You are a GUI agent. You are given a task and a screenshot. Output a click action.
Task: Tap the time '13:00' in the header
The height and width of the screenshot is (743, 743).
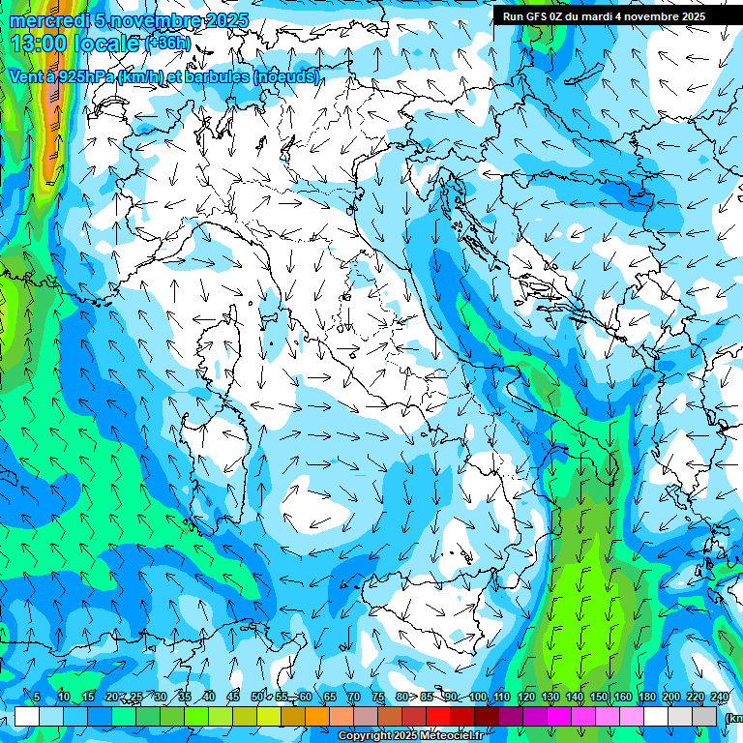click(39, 44)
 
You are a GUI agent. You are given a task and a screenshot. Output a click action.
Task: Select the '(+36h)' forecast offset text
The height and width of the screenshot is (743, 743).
click(167, 44)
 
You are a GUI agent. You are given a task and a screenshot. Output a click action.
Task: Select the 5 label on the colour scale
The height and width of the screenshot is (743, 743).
click(37, 698)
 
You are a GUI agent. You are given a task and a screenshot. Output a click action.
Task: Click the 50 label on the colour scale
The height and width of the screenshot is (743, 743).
click(257, 698)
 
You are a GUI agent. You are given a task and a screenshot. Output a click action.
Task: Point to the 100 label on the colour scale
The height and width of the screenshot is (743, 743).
click(478, 698)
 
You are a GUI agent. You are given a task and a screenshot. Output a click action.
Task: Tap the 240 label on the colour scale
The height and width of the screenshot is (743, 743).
click(720, 698)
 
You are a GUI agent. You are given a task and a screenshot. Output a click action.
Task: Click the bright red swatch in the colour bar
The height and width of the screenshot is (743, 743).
click(438, 717)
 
